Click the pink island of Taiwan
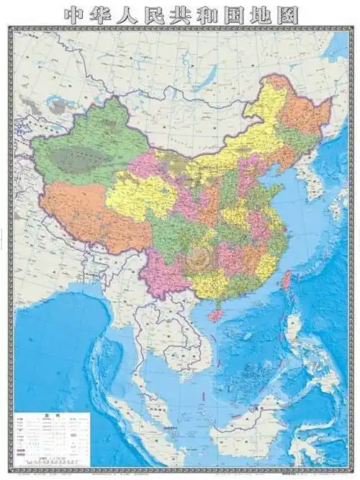[286, 280]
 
